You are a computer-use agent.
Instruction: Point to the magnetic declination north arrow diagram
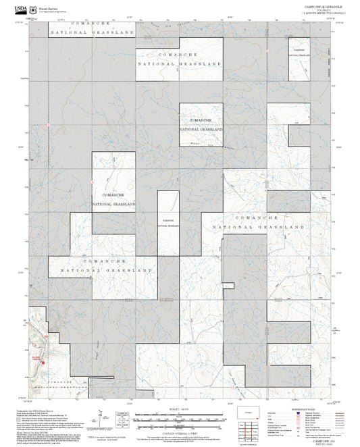pos(101,417)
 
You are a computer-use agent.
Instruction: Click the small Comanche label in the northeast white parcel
pos(298,52)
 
